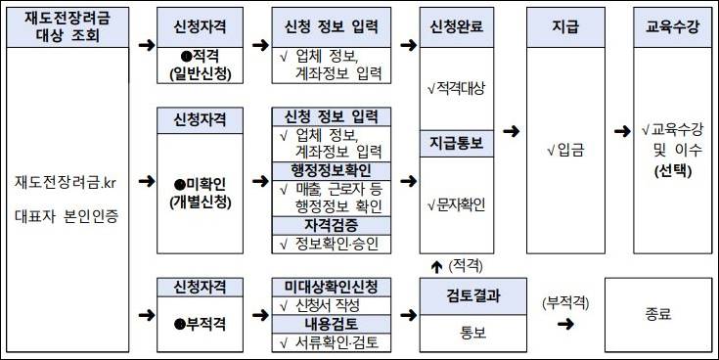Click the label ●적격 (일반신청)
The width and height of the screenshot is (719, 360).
199,65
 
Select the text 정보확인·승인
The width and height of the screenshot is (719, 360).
336,242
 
